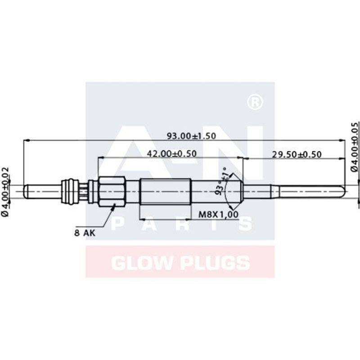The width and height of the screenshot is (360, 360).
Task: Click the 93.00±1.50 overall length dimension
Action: [191, 136]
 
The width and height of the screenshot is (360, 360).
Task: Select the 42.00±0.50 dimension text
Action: [171, 153]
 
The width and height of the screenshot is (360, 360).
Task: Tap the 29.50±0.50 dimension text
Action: [297, 154]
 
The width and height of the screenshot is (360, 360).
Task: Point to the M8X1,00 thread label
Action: [218, 215]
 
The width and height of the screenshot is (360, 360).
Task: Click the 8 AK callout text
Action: [85, 233]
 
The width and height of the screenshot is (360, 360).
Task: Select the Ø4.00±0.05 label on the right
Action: [355, 147]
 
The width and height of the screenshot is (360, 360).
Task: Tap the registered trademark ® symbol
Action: [255, 103]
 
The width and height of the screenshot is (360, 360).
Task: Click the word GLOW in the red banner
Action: [142, 263]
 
